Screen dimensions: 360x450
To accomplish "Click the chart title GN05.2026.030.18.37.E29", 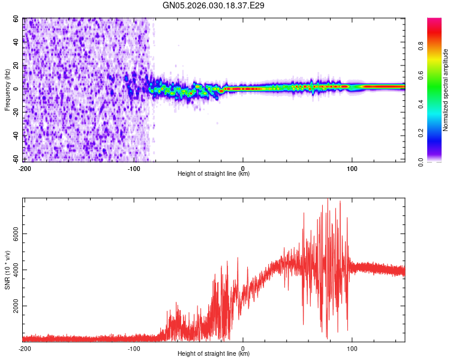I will pyautogui.click(x=214, y=5).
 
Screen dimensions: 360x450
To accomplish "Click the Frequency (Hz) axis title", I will pyautogui.click(x=8, y=90).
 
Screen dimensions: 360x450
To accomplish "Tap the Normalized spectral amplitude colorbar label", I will pyautogui.click(x=446, y=90).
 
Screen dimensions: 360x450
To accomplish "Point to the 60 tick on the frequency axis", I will pyautogui.click(x=17, y=19).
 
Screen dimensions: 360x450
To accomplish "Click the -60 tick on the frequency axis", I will pyautogui.click(x=17, y=159).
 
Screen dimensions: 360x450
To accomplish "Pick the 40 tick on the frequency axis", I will pyautogui.click(x=17, y=42).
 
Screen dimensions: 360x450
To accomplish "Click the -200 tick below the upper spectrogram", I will pyautogui.click(x=25, y=168).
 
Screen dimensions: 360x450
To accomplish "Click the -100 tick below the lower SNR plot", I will pyautogui.click(x=134, y=348).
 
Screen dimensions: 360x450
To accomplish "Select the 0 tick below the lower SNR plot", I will pyautogui.click(x=243, y=348).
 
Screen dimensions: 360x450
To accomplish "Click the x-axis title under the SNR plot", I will pyautogui.click(x=214, y=354).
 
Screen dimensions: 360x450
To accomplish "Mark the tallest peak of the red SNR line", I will pyautogui.click(x=328, y=199).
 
